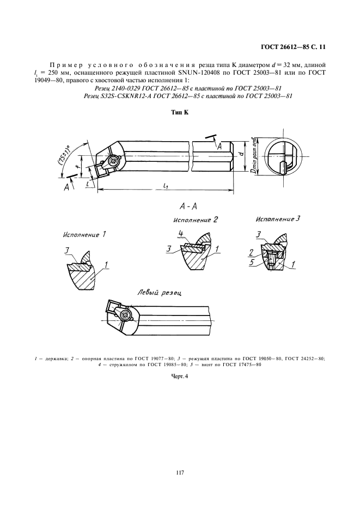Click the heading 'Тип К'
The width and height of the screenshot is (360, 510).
(x=180, y=113)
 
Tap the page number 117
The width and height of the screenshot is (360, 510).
(x=180, y=472)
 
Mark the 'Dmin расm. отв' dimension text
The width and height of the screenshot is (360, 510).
(x=254, y=155)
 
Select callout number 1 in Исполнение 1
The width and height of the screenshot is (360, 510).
(x=105, y=264)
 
